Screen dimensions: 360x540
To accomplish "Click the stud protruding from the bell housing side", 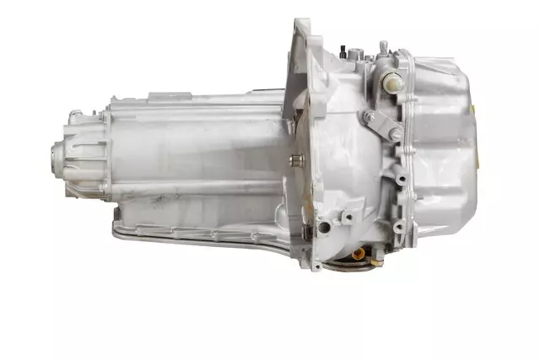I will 296,159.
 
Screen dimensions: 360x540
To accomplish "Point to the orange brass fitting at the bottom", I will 358,252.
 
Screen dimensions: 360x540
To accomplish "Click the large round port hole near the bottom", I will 323,228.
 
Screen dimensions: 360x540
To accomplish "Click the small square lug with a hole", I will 347,217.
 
